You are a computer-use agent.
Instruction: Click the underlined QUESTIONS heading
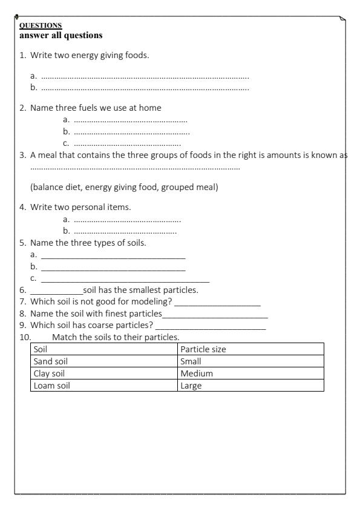click(41, 25)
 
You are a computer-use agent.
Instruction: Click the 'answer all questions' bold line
click(61, 35)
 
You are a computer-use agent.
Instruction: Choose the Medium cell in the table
click(250, 373)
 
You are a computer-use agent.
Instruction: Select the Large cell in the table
click(250, 386)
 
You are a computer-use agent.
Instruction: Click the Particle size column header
click(250, 349)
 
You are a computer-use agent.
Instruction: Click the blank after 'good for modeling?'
click(217, 302)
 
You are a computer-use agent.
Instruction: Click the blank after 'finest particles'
click(215, 315)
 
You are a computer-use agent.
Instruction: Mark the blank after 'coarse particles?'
click(210, 327)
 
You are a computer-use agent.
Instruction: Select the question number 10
click(25, 337)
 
